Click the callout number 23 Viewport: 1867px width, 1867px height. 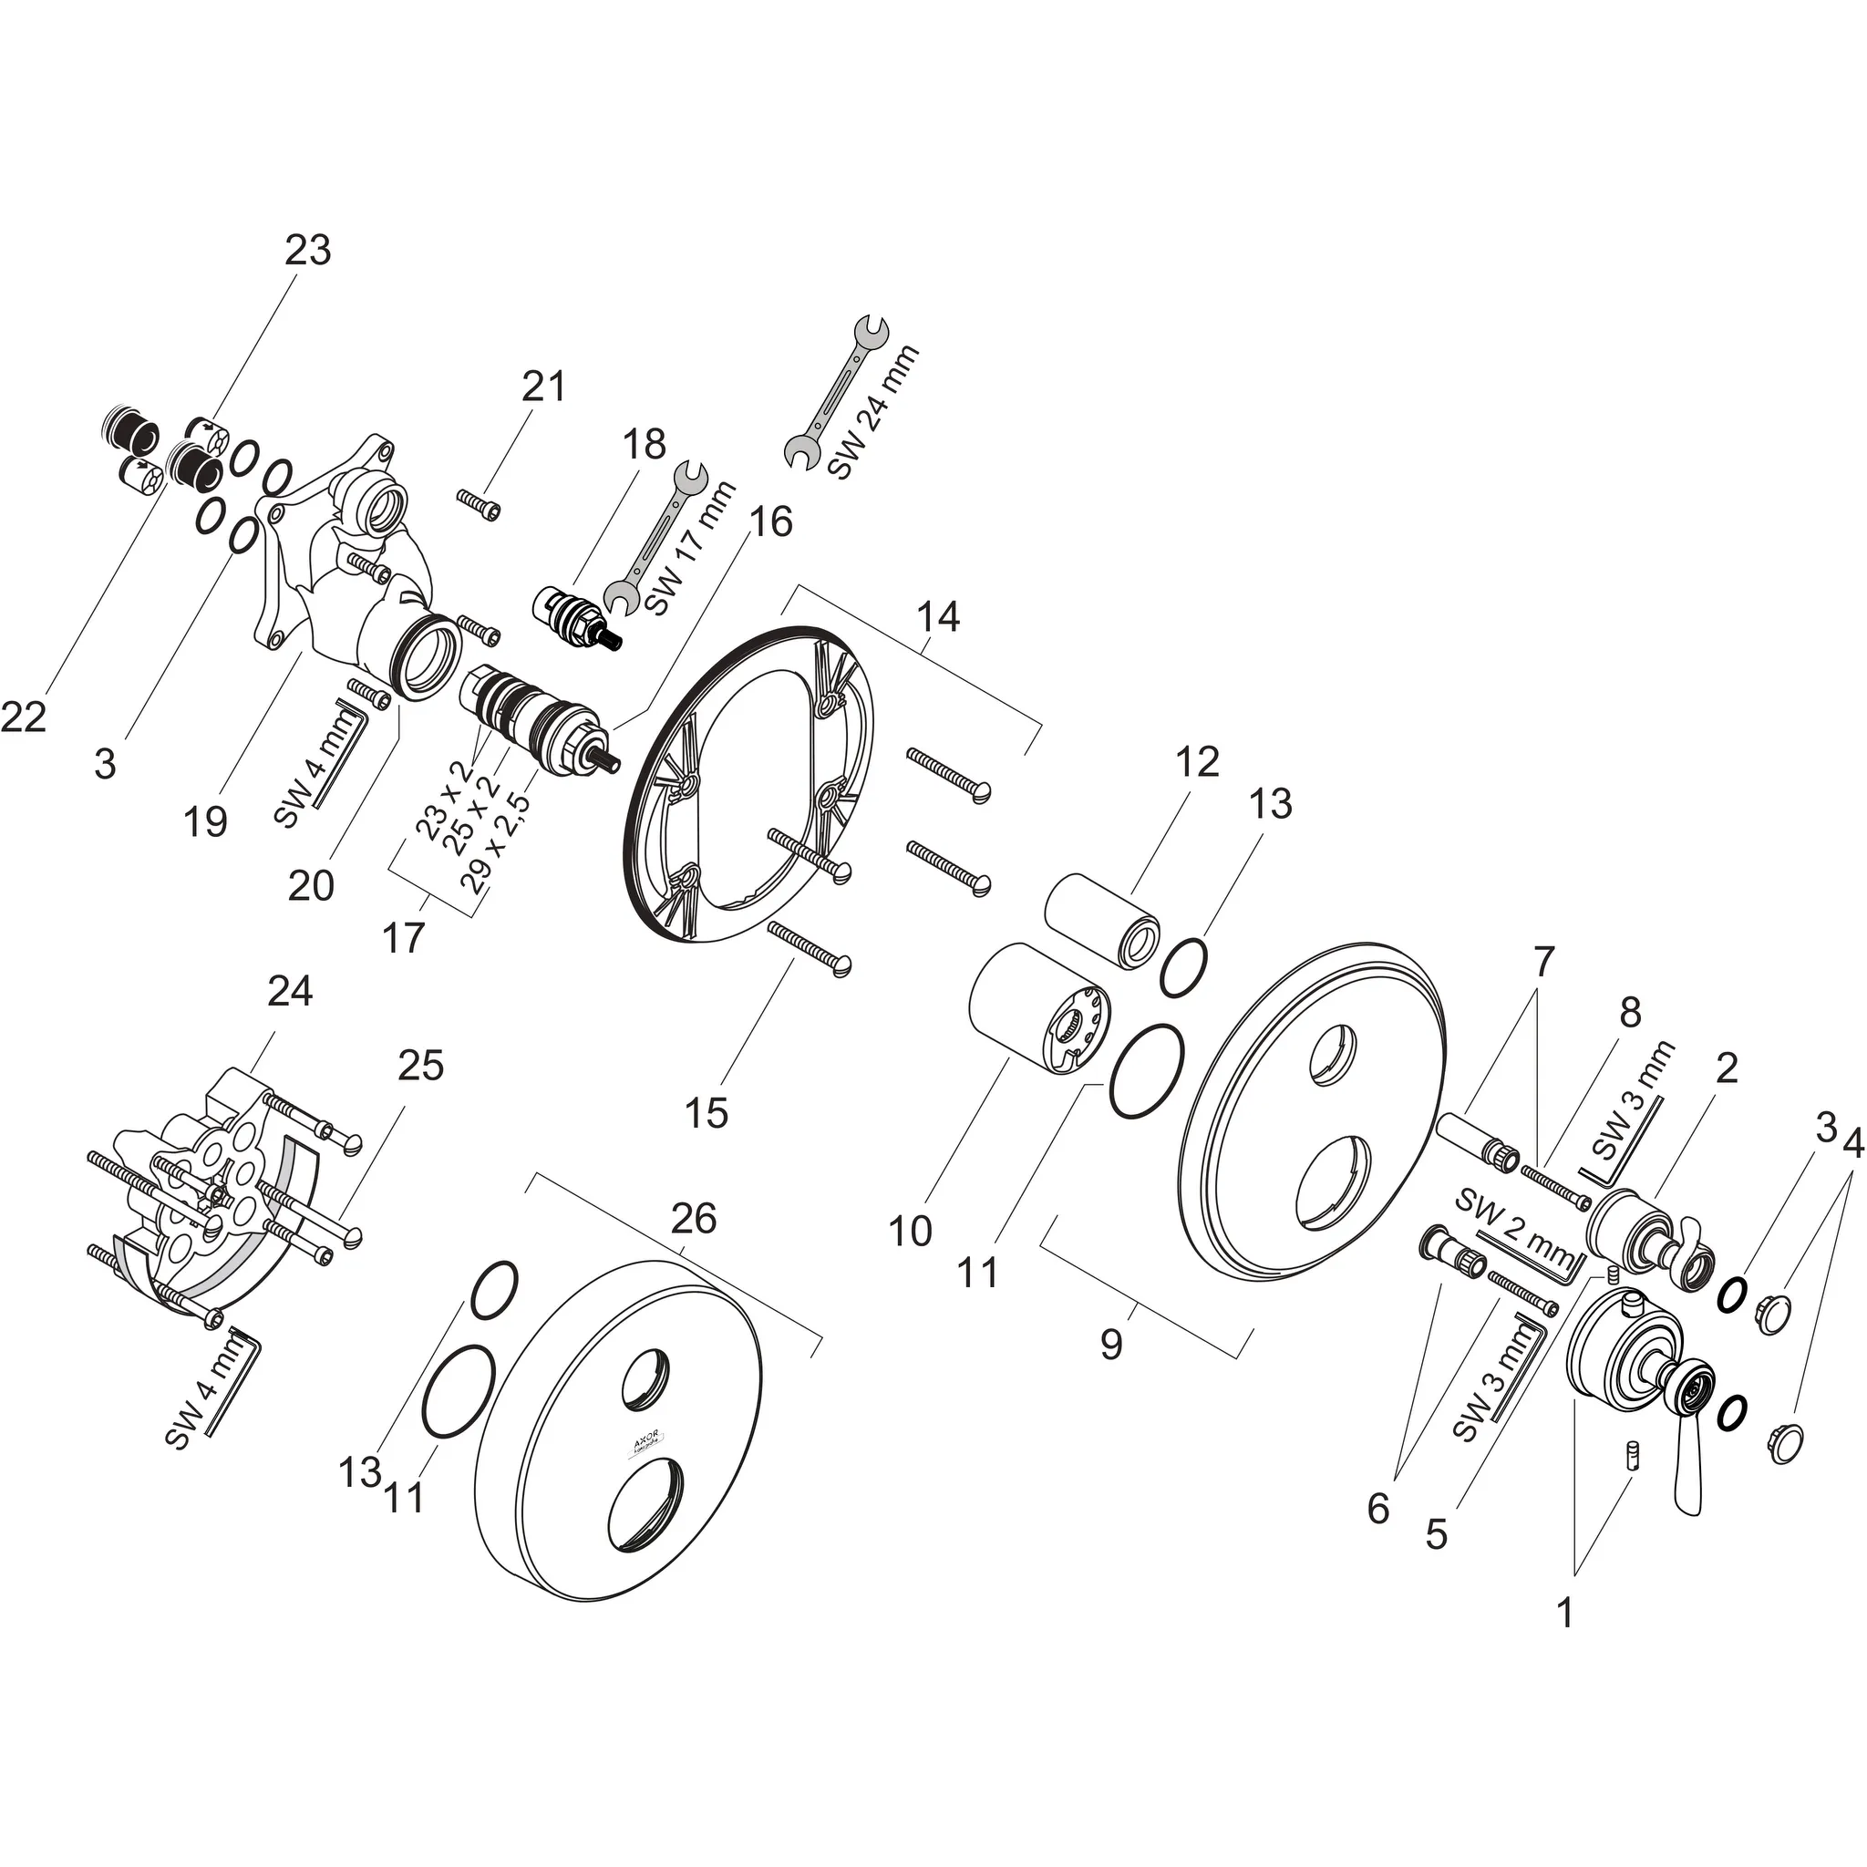[307, 251]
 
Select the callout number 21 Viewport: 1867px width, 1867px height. [543, 387]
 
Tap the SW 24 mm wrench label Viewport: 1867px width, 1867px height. [874, 413]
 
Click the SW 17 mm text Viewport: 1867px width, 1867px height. [690, 548]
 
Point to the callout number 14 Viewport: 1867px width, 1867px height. [937, 616]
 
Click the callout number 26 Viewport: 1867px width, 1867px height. [693, 1219]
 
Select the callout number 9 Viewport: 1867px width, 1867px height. [1111, 1345]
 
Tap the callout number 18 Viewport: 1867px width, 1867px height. [644, 445]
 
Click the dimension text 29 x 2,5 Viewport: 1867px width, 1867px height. [501, 847]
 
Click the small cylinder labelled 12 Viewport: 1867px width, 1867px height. [1101, 919]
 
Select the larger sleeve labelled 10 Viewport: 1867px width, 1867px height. [1039, 1009]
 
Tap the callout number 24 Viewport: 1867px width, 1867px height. [290, 991]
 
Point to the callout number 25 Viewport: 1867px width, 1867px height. [420, 1065]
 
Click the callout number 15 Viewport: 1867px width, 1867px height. [706, 1113]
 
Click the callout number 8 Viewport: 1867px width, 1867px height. [1629, 1012]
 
